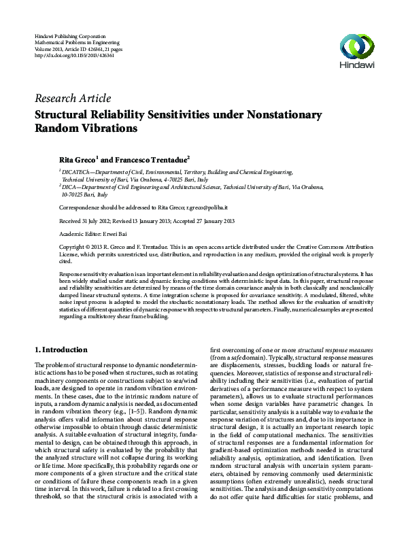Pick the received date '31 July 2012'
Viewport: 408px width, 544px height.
pos(97,220)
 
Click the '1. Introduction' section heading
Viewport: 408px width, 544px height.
pos(61,350)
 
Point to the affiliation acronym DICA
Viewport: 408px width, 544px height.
pos(73,186)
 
